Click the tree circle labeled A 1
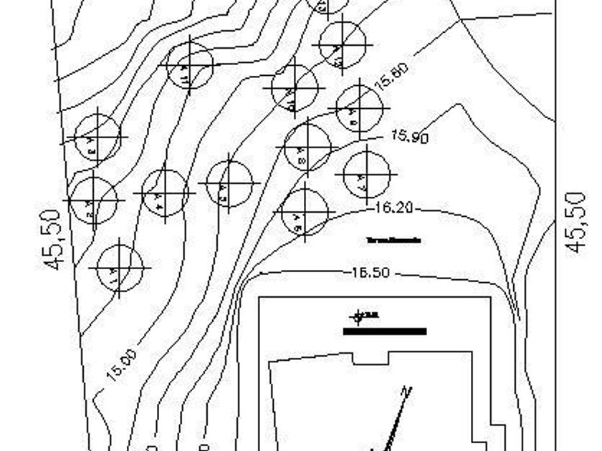point(119,268)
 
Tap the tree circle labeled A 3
point(97,137)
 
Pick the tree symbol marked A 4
point(165,193)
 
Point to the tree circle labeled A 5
point(229,183)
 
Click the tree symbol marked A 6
point(305,212)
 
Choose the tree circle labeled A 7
point(366,174)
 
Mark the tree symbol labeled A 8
point(307,147)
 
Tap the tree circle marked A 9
point(358,108)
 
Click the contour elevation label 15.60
point(391,75)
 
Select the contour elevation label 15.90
point(410,136)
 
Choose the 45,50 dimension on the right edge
point(577,222)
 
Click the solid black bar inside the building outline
point(385,331)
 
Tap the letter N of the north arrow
point(406,392)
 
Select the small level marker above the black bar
point(359,316)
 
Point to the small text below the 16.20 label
point(393,241)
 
